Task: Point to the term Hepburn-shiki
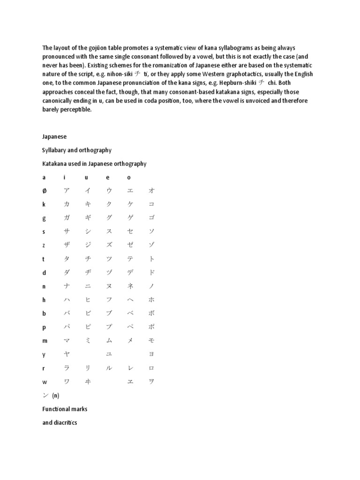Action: point(237,83)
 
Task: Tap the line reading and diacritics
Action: point(60,422)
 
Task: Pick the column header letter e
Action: point(108,177)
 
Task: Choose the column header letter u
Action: point(86,177)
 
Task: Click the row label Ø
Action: point(44,191)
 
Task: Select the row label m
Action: point(45,341)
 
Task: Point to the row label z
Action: point(44,245)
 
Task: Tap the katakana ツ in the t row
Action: point(109,259)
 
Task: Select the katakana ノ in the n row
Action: point(151,286)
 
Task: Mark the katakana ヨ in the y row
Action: point(151,355)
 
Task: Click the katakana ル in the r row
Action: point(109,368)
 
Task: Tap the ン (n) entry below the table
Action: point(51,395)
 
